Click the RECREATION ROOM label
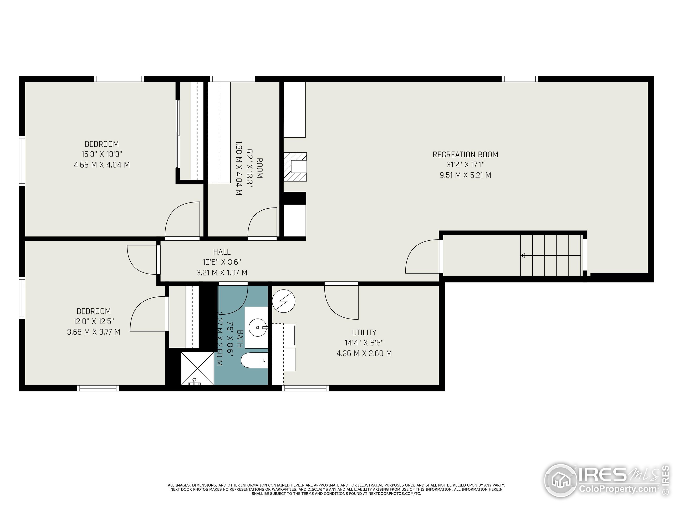tap(465, 155)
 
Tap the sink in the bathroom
tap(258, 327)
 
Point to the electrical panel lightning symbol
tap(284, 301)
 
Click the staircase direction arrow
tap(523, 255)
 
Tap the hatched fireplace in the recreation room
tap(295, 167)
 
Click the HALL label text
tap(222, 252)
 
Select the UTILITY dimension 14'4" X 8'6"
tap(364, 343)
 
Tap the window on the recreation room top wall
tap(520, 79)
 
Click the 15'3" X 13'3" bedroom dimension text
tap(102, 154)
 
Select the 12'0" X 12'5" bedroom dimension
tap(93, 321)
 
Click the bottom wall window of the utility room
tap(305, 388)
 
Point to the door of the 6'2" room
tap(262, 223)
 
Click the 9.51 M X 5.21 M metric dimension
tap(465, 175)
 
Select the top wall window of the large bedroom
tap(119, 79)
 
